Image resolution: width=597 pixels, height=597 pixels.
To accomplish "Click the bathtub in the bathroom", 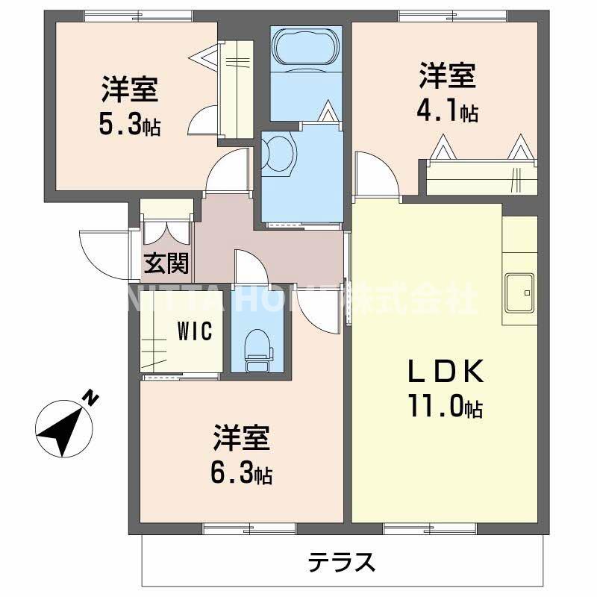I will [x=306, y=49].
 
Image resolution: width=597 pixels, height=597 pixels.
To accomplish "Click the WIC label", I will [x=196, y=331].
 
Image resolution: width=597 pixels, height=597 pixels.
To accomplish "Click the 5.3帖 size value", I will [x=131, y=124].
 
